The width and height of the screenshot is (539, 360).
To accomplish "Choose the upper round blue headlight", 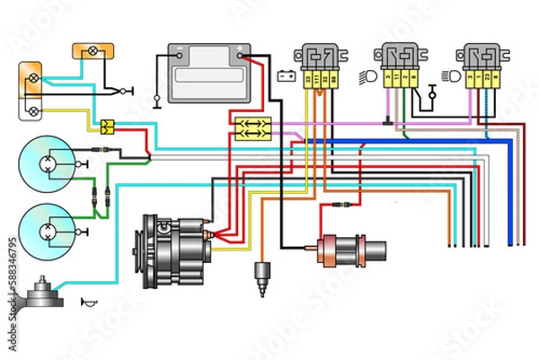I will pyautogui.click(x=46, y=162).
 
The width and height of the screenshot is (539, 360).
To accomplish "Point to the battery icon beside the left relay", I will pyautogui.click(x=287, y=75).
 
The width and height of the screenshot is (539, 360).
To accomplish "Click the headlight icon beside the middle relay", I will pyautogui.click(x=368, y=75).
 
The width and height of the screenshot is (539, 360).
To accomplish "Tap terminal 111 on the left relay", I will pyautogui.click(x=317, y=82).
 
